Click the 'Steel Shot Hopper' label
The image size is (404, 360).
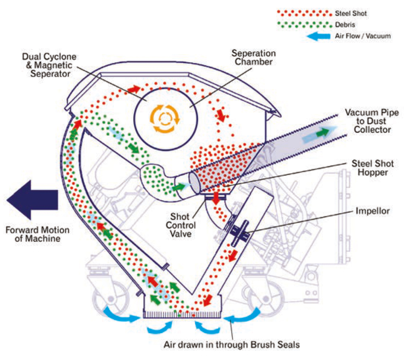(373, 168)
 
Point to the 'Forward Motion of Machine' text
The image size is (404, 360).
(37, 234)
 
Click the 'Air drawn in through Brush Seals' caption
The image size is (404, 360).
(231, 345)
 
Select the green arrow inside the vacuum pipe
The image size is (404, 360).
(322, 132)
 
